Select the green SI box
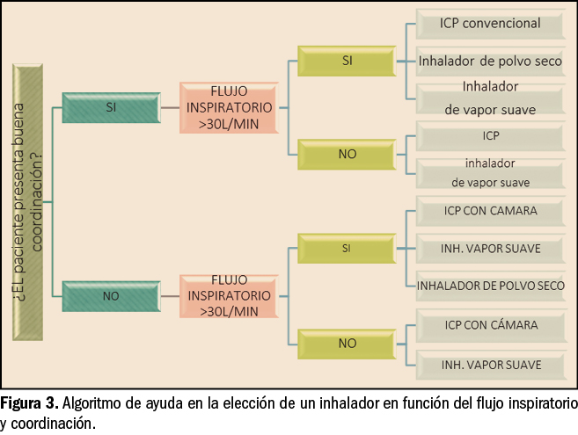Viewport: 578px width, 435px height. click(111, 106)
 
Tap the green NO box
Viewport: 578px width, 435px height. click(111, 295)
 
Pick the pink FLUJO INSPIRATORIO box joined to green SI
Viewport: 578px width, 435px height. click(229, 107)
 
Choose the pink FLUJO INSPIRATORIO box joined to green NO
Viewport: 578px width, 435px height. click(229, 296)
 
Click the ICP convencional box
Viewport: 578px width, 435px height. click(489, 25)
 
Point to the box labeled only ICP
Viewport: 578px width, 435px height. click(489, 136)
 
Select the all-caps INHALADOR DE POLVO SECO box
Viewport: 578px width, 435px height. click(489, 286)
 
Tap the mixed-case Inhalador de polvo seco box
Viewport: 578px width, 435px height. click(489, 62)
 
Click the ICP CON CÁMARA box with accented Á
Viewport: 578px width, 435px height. click(489, 325)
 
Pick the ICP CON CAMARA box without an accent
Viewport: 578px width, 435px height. click(489, 211)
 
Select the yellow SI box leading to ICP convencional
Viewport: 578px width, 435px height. click(347, 60)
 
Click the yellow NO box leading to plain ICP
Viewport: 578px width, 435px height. click(347, 154)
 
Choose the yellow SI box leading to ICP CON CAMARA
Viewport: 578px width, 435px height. click(347, 249)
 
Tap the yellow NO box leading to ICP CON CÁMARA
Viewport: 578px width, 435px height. click(347, 343)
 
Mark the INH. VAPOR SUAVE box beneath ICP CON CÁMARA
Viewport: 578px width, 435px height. click(489, 364)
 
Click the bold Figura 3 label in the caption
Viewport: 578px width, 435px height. click(28, 405)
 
